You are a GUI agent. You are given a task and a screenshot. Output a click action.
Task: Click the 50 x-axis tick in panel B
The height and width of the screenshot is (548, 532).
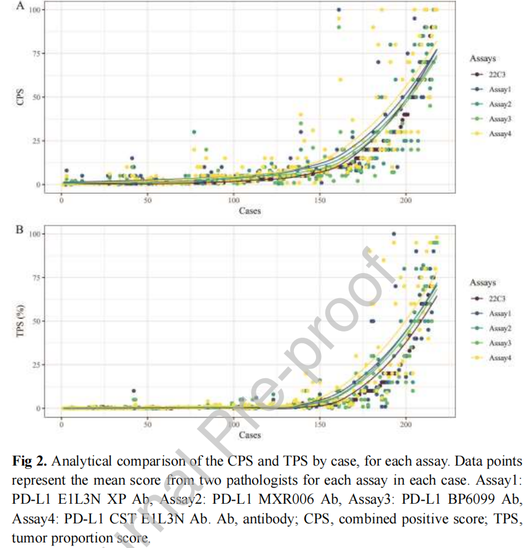pyautogui.click(x=147, y=424)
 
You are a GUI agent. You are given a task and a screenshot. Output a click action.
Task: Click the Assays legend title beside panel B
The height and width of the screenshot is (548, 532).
pyautogui.click(x=483, y=283)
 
